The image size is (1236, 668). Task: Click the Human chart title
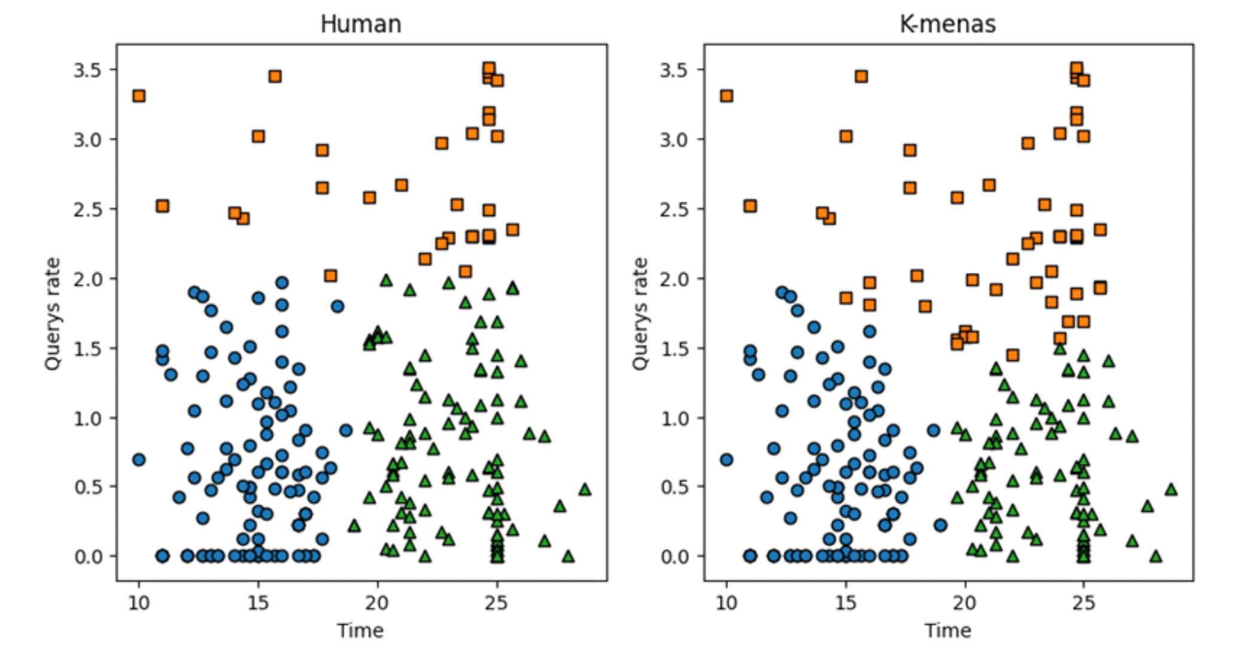click(x=361, y=25)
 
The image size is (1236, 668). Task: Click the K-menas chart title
click(x=948, y=25)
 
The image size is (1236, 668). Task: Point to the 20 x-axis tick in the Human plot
click(x=377, y=602)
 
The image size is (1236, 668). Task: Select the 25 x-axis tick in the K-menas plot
click(x=1083, y=602)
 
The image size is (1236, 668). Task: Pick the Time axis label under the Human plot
click(x=360, y=630)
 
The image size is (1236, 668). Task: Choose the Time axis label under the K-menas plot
click(x=948, y=630)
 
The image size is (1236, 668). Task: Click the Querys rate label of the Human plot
click(x=53, y=314)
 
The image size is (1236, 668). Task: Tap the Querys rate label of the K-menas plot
click(x=640, y=314)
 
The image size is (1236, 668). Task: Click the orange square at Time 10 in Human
click(x=139, y=96)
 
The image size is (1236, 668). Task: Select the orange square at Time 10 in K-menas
click(x=726, y=96)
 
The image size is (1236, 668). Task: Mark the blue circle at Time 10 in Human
click(x=139, y=460)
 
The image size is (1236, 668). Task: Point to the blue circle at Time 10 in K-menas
click(x=726, y=460)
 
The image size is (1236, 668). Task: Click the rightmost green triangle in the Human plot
click(x=584, y=490)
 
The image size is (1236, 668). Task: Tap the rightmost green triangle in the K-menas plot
click(x=1171, y=490)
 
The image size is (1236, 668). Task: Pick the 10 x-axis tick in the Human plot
click(x=139, y=602)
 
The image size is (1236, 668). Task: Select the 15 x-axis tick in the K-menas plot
click(x=845, y=602)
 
